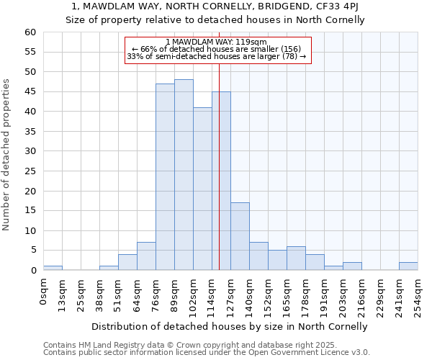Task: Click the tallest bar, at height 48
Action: (184, 175)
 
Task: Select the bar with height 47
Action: (165, 177)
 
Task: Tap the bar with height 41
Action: (202, 189)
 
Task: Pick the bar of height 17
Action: (240, 236)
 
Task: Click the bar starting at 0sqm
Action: (53, 268)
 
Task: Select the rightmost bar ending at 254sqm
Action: (408, 266)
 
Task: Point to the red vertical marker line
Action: (219, 166)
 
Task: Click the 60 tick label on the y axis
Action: (30, 32)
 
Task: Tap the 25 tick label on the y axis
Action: (30, 171)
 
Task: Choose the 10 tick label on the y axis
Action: (30, 231)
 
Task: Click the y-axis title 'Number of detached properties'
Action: (7, 155)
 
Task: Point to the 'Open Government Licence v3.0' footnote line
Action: (207, 352)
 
